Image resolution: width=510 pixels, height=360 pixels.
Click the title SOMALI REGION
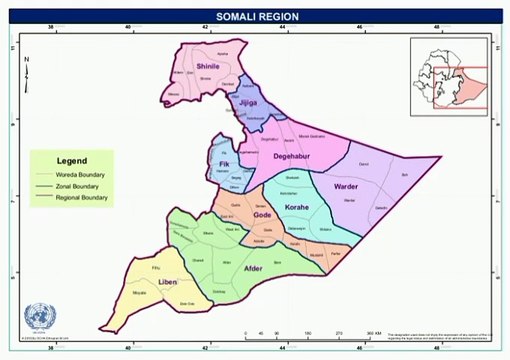coord(255,17)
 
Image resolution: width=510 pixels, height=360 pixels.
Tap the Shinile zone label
coord(208,66)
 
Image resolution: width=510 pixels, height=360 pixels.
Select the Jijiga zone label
coord(245,103)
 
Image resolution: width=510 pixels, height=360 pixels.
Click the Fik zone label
coord(224,164)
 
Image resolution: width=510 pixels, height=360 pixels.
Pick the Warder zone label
coord(347,186)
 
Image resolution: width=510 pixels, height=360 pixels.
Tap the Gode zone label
coord(262,215)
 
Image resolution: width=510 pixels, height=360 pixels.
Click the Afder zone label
coord(253,269)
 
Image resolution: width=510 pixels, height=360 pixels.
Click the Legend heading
coord(71,160)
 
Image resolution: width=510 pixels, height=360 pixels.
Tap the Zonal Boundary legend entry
coord(80,186)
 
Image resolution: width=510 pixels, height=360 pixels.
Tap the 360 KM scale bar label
coord(373,331)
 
